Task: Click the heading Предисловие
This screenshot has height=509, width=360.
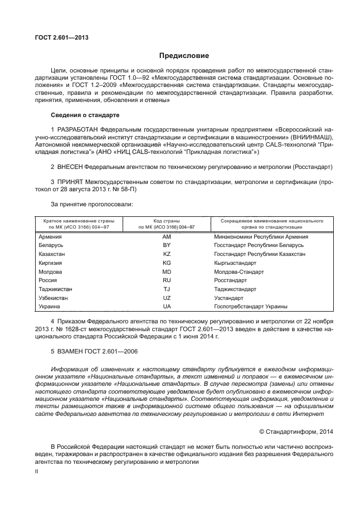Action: (184, 56)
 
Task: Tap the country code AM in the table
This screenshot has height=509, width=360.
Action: (166, 236)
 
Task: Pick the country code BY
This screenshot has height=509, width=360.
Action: (166, 245)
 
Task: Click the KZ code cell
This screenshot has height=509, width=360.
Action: (166, 254)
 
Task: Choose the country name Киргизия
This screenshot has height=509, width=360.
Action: (50, 263)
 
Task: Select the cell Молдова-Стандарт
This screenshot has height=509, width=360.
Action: (239, 272)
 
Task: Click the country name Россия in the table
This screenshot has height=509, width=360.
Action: (47, 280)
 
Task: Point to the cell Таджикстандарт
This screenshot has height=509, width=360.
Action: (235, 289)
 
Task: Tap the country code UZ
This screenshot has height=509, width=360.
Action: (166, 298)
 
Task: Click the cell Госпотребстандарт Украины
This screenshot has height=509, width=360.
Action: (251, 307)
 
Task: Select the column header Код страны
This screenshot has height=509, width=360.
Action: (166, 221)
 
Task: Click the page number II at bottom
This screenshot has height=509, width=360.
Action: (37, 472)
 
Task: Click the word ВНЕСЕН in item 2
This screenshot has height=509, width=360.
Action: (69, 167)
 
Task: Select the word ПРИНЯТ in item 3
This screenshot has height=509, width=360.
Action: (70, 182)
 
